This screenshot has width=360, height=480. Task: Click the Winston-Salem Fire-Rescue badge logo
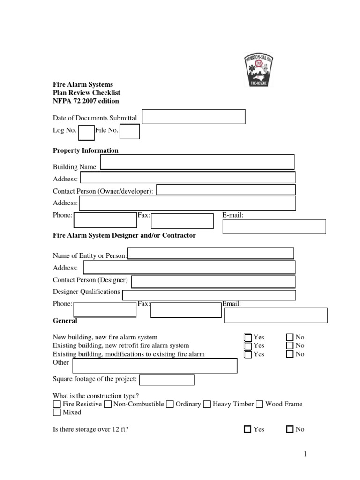tap(258, 70)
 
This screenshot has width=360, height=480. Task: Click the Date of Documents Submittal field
tap(194, 117)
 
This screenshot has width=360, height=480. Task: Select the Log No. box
tap(86, 133)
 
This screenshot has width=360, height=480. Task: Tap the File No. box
tap(130, 132)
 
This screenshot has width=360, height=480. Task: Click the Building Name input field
tap(197, 162)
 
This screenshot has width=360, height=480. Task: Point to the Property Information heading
tap(85, 150)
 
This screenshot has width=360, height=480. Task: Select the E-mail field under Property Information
tap(274, 226)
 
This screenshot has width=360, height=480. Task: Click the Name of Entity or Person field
tap(211, 254)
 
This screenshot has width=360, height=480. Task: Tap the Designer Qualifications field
tap(209, 295)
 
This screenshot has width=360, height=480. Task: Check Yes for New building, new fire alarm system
tap(248, 337)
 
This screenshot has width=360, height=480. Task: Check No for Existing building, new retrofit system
tap(290, 345)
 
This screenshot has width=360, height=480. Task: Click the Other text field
tap(154, 366)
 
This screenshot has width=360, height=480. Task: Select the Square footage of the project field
tap(167, 380)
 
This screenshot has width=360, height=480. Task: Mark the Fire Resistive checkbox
tap(57, 404)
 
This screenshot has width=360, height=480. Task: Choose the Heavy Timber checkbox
tap(207, 404)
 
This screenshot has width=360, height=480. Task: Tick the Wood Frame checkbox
tap(260, 404)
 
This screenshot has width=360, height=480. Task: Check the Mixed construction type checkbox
tap(57, 412)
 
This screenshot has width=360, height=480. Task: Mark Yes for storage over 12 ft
tap(248, 429)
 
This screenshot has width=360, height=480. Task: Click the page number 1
tap(304, 454)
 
